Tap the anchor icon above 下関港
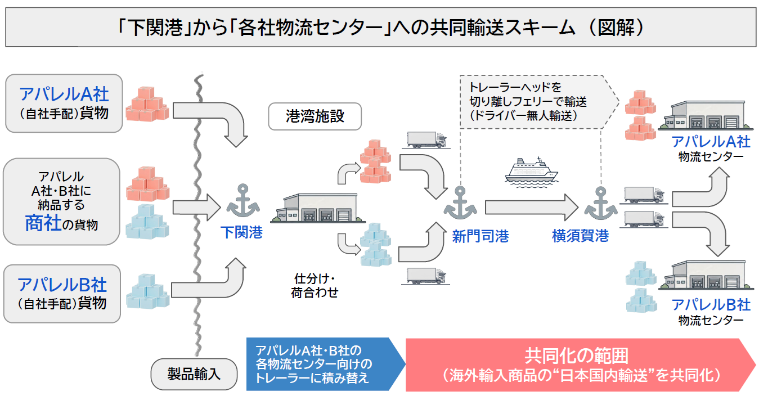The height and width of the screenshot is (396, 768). [242, 201]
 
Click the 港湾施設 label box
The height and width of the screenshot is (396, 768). [315, 116]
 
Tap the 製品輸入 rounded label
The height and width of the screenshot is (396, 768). [194, 374]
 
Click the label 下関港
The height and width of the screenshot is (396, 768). [241, 232]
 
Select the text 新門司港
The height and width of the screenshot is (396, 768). [480, 236]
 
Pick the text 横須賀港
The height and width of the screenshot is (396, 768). [580, 236]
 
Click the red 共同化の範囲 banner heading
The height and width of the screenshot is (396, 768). [577, 356]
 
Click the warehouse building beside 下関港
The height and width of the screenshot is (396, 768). [318, 208]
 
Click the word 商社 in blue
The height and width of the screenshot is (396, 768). [43, 223]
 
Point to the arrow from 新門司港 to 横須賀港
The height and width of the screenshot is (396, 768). [532, 208]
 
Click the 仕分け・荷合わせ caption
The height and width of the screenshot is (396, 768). [315, 286]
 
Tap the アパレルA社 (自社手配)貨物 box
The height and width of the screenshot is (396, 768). [64, 103]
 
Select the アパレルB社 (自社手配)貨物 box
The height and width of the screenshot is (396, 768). [62, 294]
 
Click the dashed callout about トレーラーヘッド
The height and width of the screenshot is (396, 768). [540, 102]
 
